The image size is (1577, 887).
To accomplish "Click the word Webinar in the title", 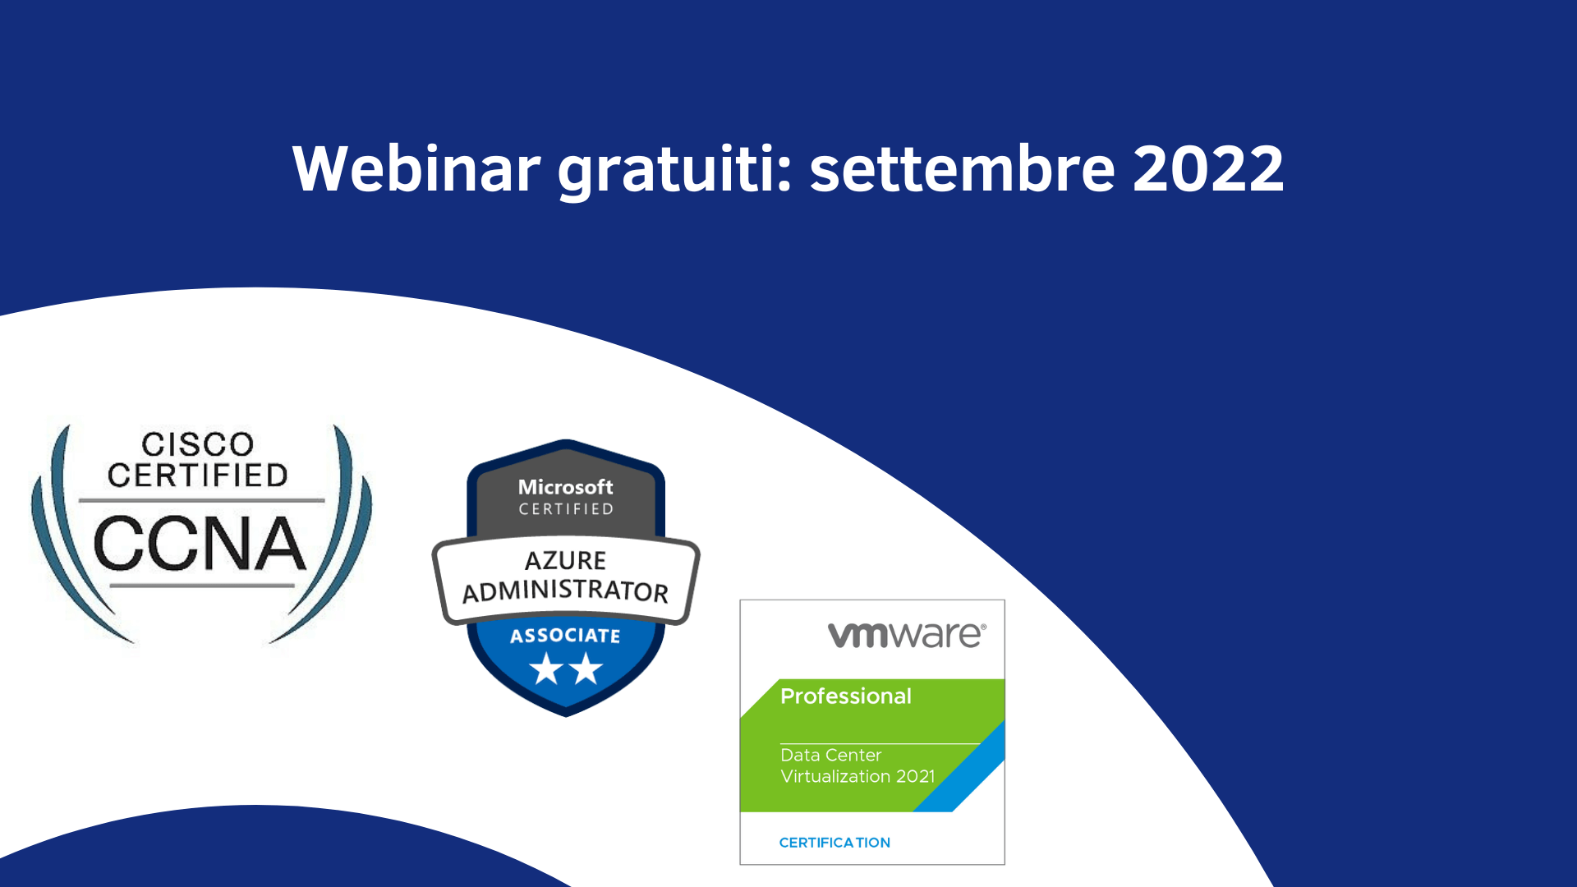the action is click(416, 168).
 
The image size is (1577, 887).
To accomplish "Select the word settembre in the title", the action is click(962, 168).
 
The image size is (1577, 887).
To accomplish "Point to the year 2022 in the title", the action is click(1208, 169).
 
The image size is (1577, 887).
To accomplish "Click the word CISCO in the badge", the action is click(197, 444).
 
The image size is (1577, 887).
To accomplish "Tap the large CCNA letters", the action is click(200, 543).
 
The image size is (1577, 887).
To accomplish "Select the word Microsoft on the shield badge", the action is click(566, 487).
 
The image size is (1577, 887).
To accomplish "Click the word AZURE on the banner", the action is click(566, 560).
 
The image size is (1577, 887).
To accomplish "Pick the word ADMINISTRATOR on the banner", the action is click(566, 591).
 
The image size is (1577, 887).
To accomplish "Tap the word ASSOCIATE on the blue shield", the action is click(566, 636).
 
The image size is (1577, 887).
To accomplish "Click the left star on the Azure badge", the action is click(546, 669).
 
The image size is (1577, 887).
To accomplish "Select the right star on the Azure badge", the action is click(586, 669).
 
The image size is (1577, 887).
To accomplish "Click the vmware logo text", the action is click(907, 635).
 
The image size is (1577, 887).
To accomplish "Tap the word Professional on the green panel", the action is click(846, 696).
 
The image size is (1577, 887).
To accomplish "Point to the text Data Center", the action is click(831, 755).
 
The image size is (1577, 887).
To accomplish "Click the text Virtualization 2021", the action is click(857, 776).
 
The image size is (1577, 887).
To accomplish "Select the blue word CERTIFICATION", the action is click(834, 843).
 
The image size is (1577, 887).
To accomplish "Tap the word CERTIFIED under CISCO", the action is click(198, 476).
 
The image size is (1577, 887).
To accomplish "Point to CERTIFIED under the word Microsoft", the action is click(566, 509).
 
